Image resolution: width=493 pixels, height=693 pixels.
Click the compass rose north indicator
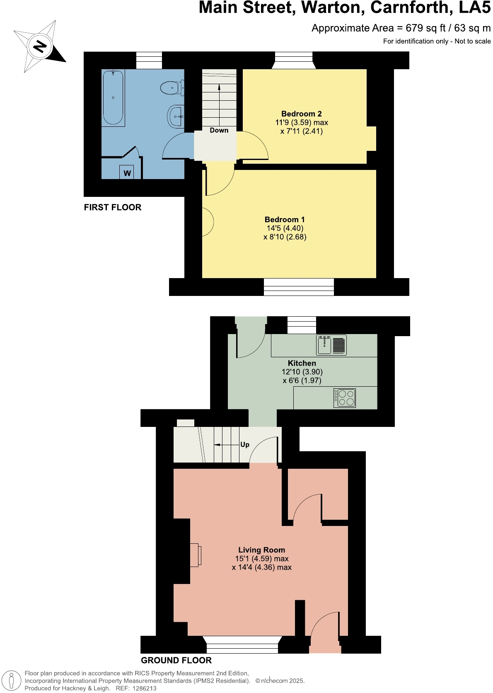40,46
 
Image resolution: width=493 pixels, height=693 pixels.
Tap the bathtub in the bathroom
113,98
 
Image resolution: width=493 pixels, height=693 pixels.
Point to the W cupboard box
127,173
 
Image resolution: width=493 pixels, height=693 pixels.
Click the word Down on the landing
219,130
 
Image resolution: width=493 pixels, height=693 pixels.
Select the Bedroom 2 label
301,114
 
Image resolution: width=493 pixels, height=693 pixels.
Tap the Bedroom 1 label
285,219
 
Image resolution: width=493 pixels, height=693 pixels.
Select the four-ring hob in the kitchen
345,398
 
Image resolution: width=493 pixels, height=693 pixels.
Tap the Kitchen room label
302,363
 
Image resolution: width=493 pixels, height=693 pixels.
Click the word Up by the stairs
245,444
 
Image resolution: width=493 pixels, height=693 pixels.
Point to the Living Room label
261,550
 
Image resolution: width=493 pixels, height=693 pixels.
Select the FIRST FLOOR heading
113,207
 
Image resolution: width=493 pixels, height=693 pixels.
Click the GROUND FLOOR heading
176,660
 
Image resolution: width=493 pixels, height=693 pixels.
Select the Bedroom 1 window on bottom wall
299,287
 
